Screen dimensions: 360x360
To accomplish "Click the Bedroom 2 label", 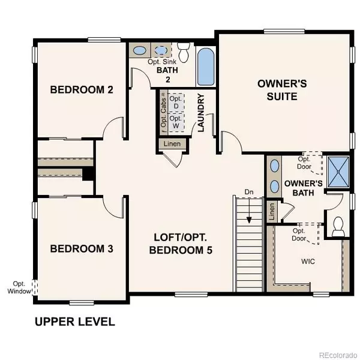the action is pos(82,89).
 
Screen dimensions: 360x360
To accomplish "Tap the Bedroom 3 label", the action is pos(82,248).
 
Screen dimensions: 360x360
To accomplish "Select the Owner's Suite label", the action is pos(282,90).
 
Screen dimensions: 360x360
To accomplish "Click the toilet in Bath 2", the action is pos(184,52).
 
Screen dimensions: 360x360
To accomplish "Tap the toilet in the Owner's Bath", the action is pos(338,227).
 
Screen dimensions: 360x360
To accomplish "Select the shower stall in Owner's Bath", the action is pos(338,171).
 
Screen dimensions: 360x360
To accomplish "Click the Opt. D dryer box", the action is pos(176,103).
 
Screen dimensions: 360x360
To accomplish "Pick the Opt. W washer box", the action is pos(176,122).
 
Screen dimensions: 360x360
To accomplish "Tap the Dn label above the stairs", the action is pos(249,192).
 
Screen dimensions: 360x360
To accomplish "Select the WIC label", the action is pos(308,261).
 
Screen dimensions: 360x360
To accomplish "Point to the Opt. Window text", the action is pos(19,287).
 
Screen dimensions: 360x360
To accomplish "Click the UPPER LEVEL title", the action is pos(75,322).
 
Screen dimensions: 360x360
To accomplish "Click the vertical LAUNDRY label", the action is pos(200,113).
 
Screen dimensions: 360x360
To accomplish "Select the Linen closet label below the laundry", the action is pos(172,144).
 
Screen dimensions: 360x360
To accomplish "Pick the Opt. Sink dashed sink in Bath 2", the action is pos(161,50).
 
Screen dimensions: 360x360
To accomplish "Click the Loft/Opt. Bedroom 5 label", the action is pos(181,244).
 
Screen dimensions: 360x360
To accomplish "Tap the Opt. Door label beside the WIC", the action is pos(299,235).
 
